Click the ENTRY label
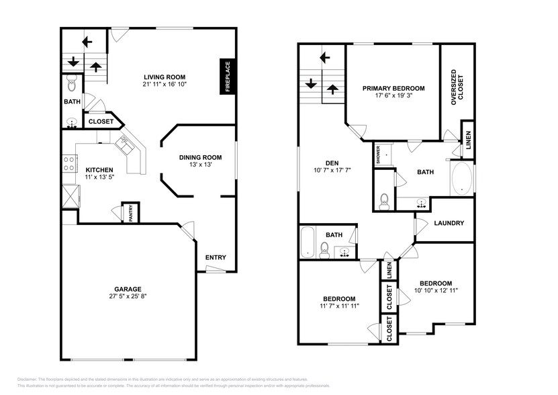click(216, 257)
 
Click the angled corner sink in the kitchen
click(124, 142)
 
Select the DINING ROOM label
click(196, 158)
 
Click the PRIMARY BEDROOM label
click(393, 88)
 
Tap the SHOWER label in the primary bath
click(379, 155)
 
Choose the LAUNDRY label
click(449, 223)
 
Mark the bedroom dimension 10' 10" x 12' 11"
click(436, 291)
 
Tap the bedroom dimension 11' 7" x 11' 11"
click(339, 306)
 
